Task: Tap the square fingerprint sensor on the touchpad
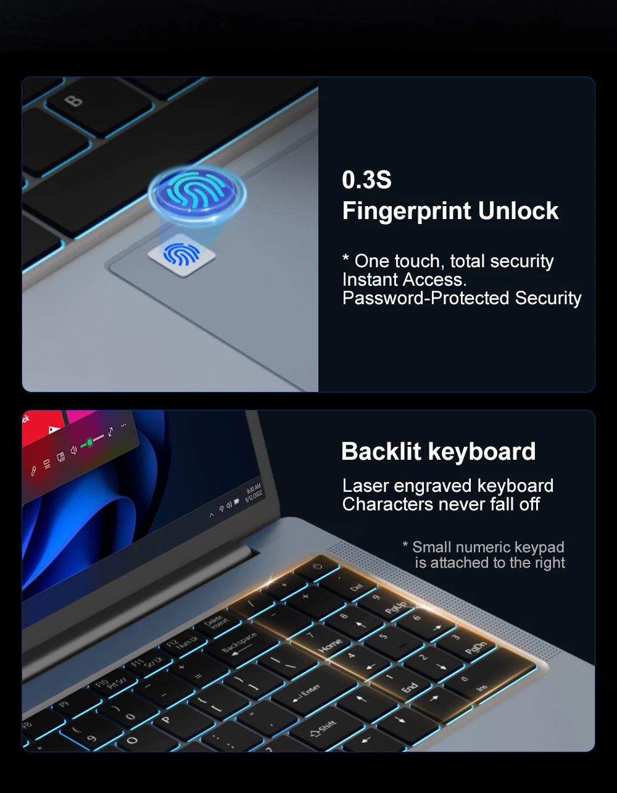(182, 254)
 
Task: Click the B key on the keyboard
(73, 101)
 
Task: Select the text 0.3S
(366, 180)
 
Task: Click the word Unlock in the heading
(518, 211)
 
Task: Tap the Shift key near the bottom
(324, 728)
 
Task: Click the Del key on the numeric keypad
(356, 587)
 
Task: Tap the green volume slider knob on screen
(90, 442)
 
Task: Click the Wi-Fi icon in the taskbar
(222, 509)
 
